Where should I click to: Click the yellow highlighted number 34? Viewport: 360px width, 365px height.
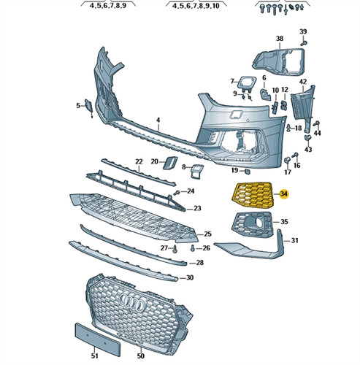coord(284,194)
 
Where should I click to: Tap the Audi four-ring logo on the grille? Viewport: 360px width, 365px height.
coord(133,302)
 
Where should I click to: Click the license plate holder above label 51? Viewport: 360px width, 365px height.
coord(97,339)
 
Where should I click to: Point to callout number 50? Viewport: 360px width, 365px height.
coord(140,356)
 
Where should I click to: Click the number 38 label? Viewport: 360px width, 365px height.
coord(280,39)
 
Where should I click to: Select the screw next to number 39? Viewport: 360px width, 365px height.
coord(303,43)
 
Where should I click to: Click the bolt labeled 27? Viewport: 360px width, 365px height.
coord(175,249)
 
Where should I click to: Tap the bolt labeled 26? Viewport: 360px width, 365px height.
coord(193,248)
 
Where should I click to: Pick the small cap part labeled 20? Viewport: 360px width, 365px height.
coord(170,163)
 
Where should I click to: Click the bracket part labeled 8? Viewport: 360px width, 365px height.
coord(196,172)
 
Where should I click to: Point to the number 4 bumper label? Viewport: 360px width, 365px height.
coord(158,120)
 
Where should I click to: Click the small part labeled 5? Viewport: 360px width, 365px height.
coord(88,107)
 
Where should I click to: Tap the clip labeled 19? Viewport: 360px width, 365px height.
coord(247,172)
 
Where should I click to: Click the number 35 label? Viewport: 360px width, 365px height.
coord(284,222)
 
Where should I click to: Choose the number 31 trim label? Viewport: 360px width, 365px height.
coord(294,240)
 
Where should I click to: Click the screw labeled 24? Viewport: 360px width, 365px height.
coord(177,193)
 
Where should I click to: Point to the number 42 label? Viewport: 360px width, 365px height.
coord(303,82)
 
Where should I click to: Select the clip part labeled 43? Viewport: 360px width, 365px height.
coord(308,138)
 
